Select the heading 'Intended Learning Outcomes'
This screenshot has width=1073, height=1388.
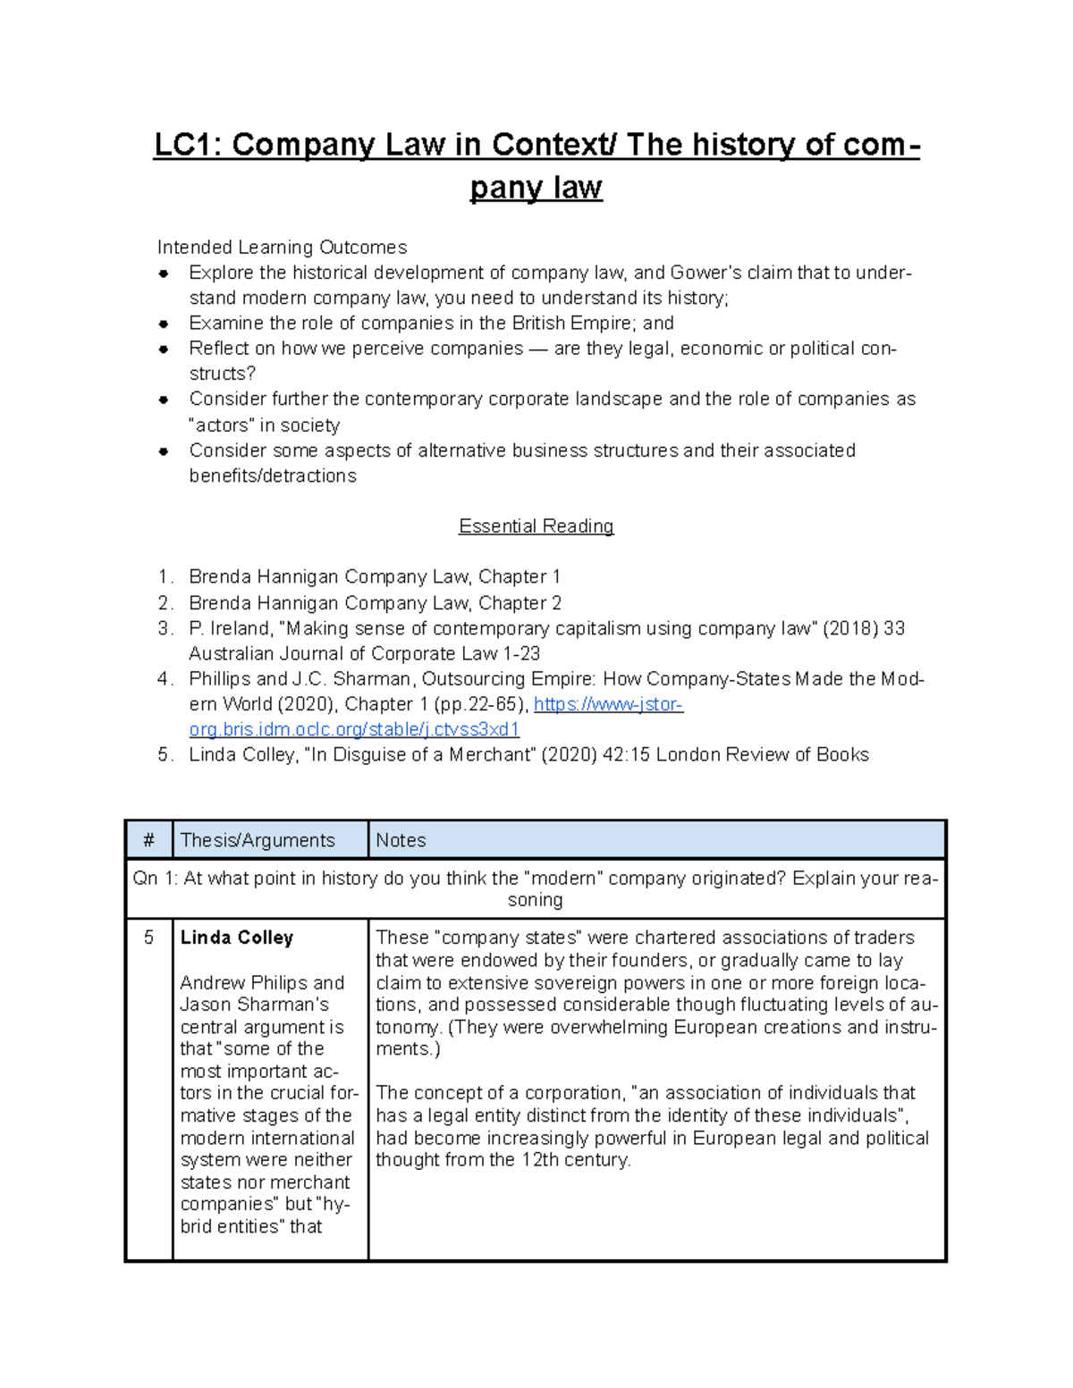(282, 248)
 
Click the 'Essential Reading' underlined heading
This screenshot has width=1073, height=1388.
(536, 526)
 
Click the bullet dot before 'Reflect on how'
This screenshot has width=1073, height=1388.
(164, 349)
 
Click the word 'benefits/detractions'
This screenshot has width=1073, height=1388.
(273, 476)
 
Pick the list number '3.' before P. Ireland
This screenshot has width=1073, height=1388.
(165, 629)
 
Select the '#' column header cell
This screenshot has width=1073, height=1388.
(148, 841)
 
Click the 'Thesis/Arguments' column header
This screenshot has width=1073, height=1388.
(258, 841)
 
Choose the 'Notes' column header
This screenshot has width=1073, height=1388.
(401, 841)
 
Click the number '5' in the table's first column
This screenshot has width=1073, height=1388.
(148, 938)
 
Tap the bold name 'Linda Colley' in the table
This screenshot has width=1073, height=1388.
(237, 938)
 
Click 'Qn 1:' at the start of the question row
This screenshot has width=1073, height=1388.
(155, 879)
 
